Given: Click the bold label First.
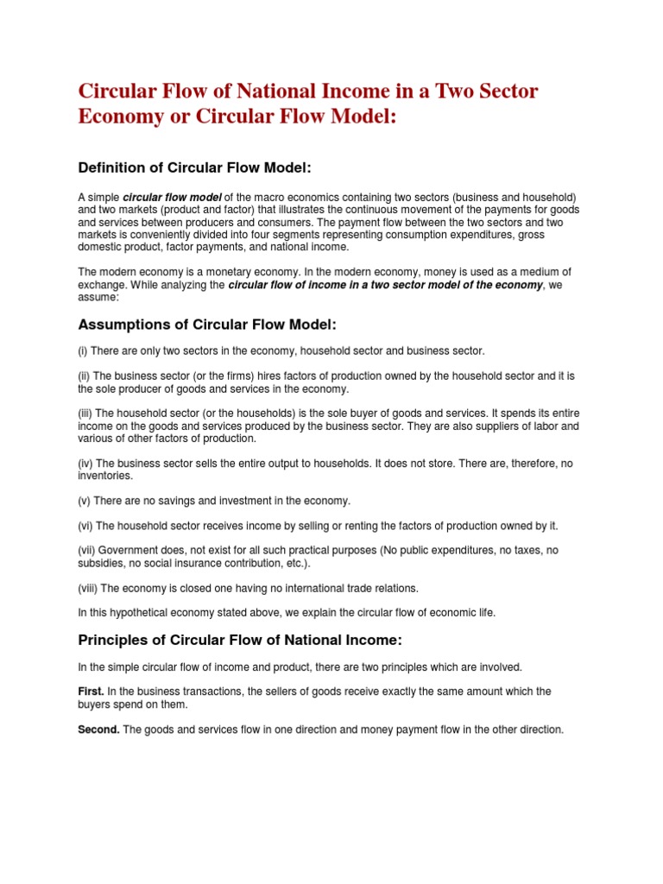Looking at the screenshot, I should tap(92, 691).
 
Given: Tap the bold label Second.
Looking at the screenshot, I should tap(98, 729).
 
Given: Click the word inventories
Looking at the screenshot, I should tap(105, 476).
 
